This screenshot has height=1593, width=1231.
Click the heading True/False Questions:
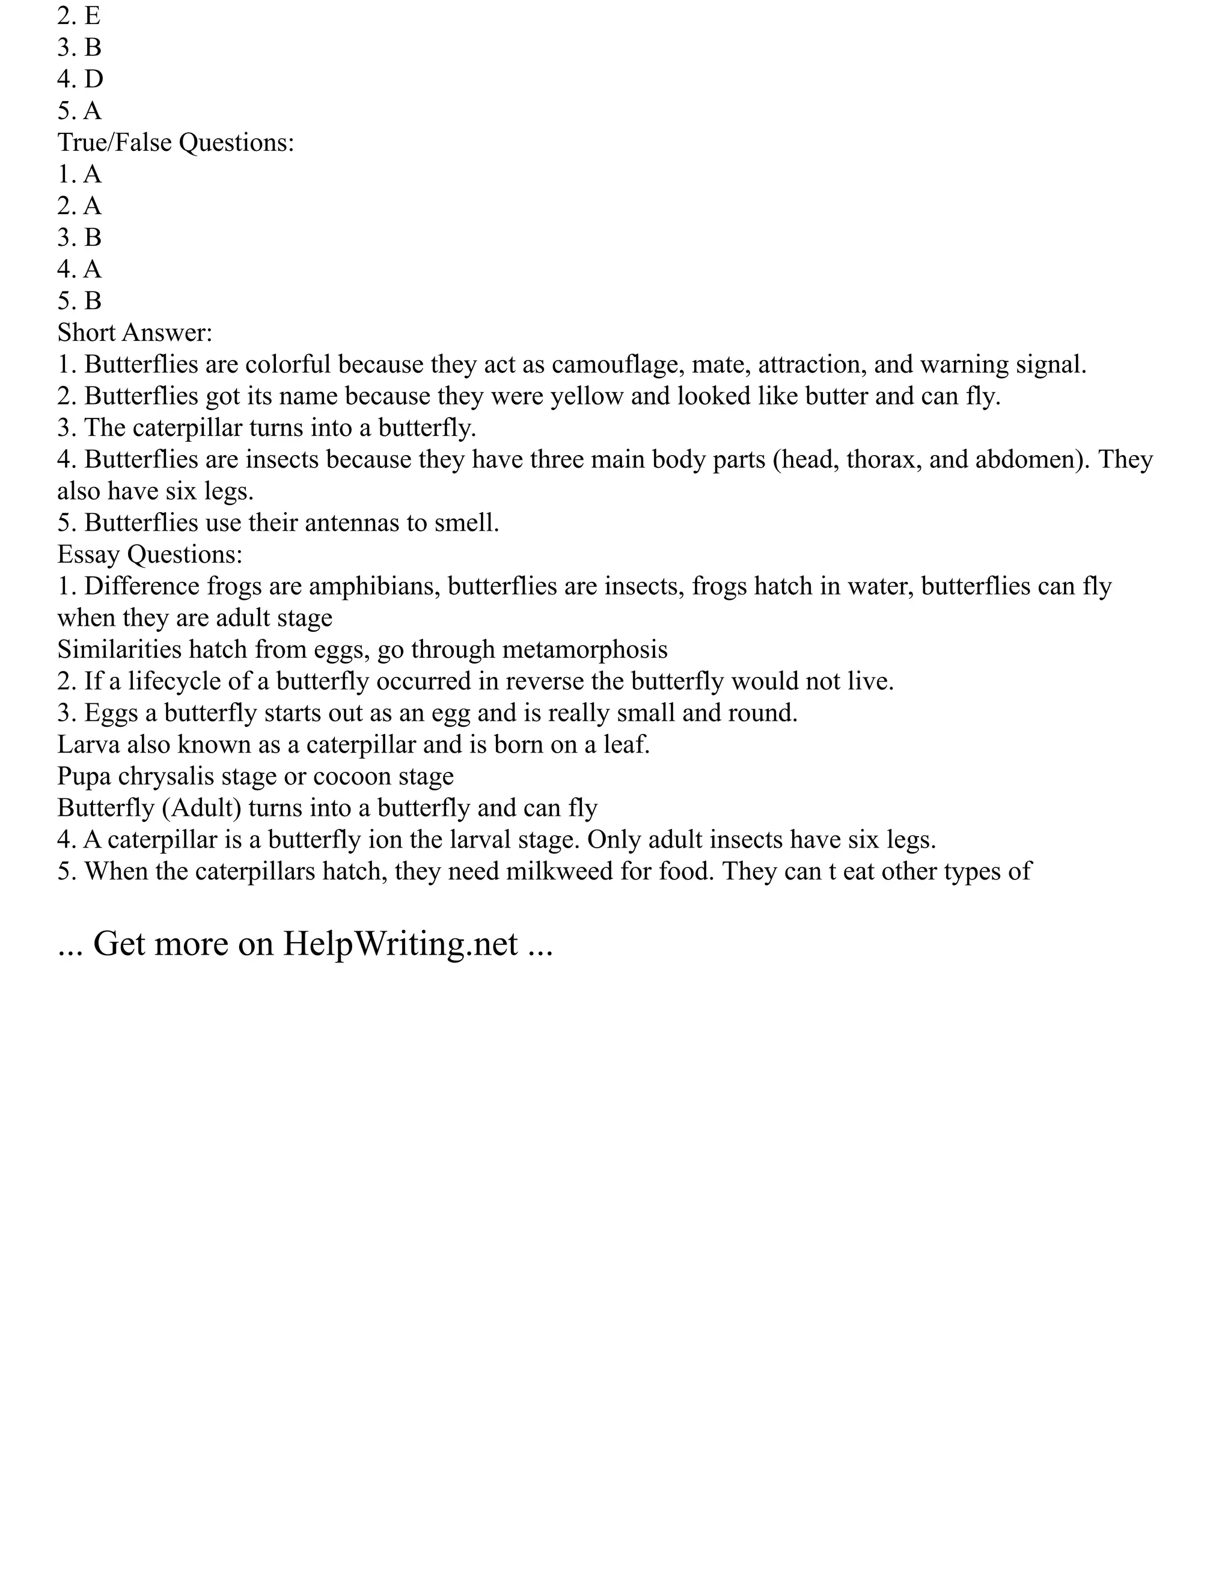(176, 142)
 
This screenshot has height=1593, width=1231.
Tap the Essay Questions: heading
(150, 554)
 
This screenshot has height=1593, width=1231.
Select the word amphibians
(374, 587)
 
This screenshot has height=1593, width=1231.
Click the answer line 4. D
(80, 79)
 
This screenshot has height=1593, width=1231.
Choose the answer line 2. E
(79, 15)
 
